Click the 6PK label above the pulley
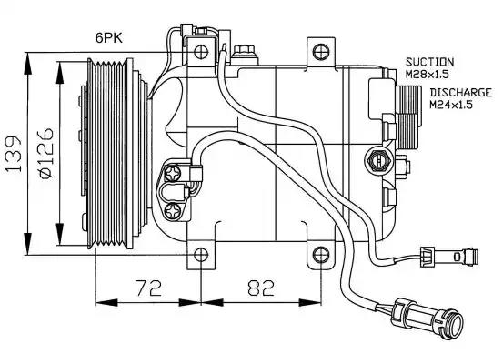(x=109, y=38)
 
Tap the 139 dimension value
(x=13, y=155)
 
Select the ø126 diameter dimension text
(x=45, y=153)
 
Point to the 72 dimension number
(x=148, y=288)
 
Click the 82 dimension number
(x=261, y=288)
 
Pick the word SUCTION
(x=429, y=62)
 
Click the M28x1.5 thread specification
(x=427, y=75)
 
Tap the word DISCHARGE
(x=460, y=93)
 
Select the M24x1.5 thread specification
(x=451, y=105)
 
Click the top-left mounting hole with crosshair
(x=201, y=51)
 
